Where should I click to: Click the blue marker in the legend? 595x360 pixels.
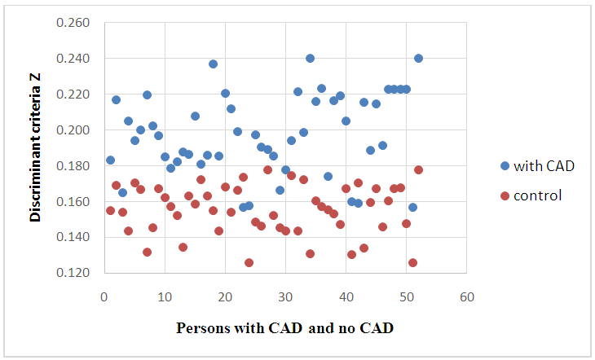tap(505, 166)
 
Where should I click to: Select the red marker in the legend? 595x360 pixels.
tap(505, 195)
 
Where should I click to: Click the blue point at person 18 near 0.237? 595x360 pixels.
tap(213, 64)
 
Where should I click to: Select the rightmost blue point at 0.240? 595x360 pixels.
tap(418, 58)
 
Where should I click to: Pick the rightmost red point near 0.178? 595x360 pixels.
tap(418, 169)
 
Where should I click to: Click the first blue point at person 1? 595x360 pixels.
tap(110, 160)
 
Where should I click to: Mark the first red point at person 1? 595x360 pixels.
tap(110, 210)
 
